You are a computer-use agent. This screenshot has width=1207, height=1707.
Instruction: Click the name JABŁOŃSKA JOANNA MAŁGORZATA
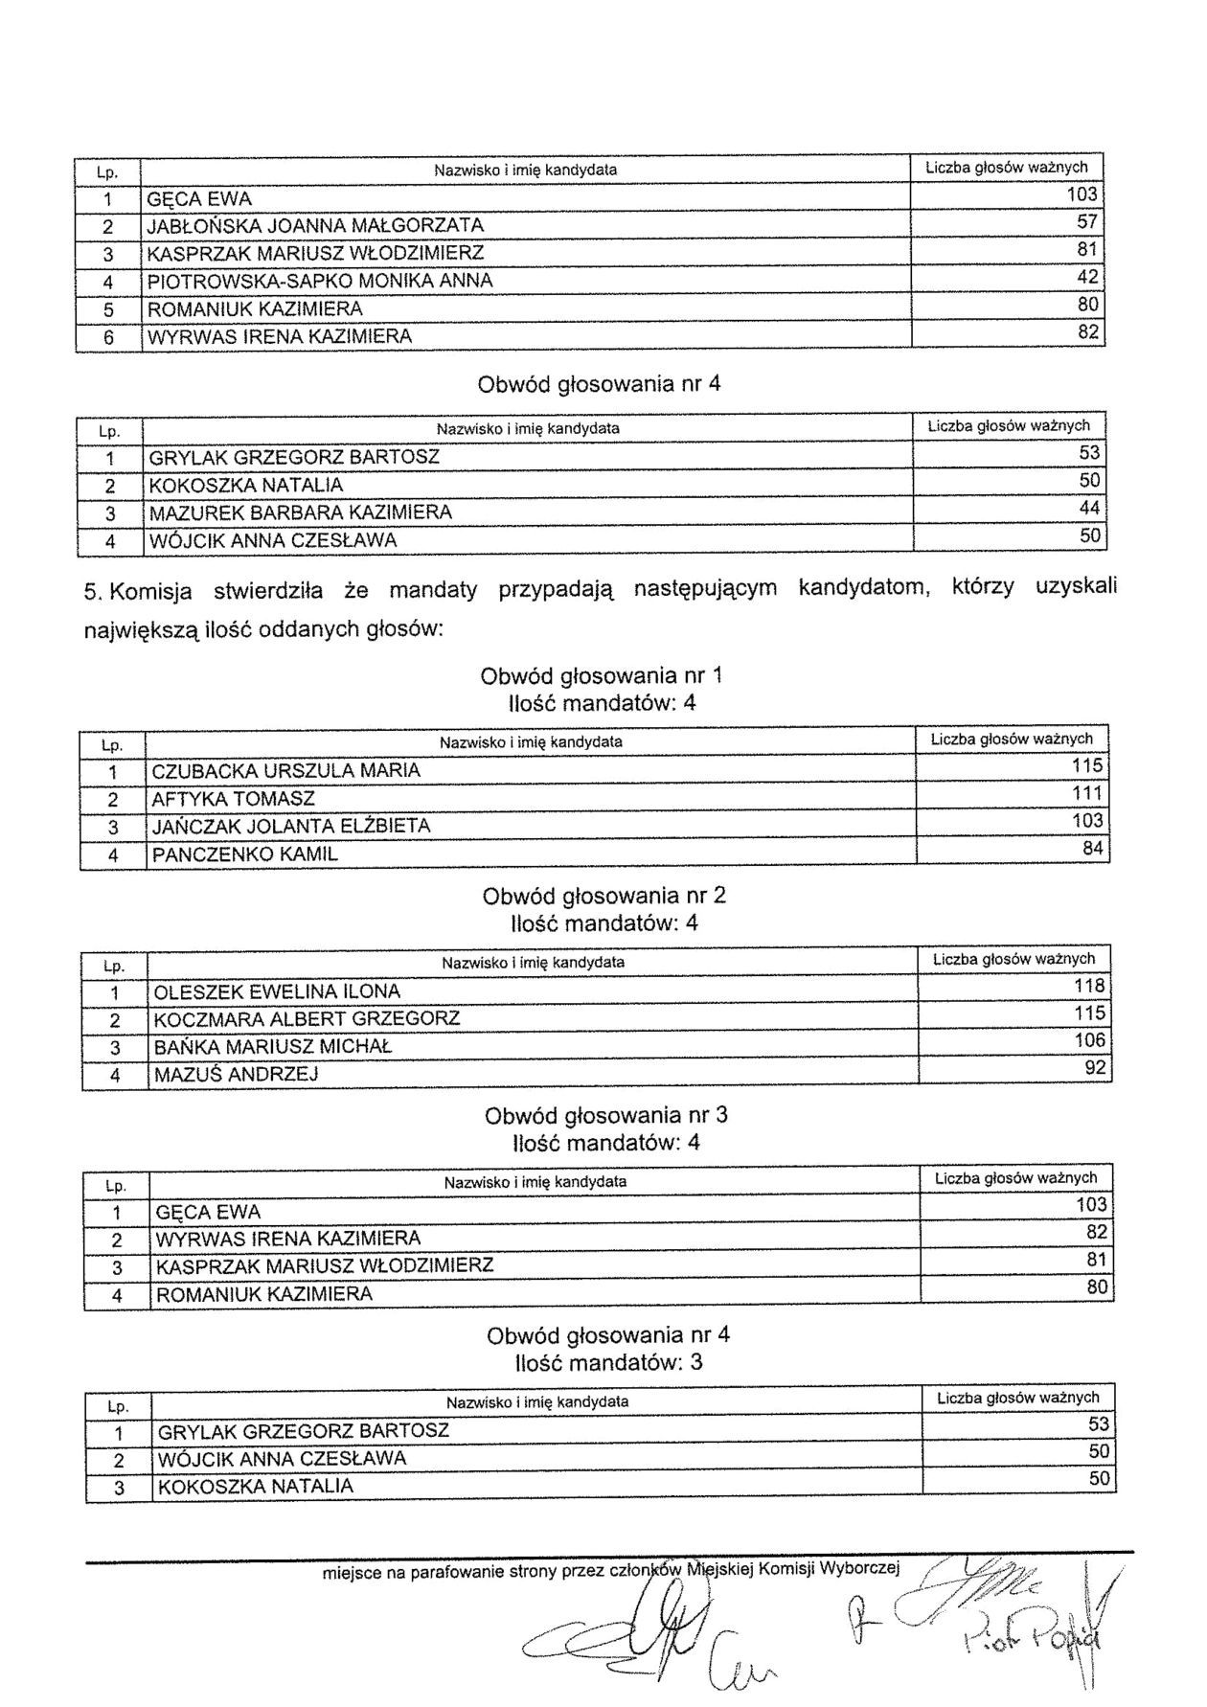[315, 226]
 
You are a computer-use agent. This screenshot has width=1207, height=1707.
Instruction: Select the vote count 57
[1087, 222]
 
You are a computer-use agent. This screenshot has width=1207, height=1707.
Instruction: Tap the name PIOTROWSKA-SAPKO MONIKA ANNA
[320, 282]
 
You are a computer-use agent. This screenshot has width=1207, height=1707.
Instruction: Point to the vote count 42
[1087, 278]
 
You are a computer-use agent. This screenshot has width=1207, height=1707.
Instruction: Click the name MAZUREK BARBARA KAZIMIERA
[300, 512]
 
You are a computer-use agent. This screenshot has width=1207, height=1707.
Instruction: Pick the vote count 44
[1089, 509]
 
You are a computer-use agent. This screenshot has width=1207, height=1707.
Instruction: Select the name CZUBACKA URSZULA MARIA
[285, 771]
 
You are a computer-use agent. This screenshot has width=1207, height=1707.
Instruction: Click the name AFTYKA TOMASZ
[233, 799]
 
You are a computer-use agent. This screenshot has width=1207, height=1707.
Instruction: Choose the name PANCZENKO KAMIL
[244, 854]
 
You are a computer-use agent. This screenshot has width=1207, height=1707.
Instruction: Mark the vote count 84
[1092, 849]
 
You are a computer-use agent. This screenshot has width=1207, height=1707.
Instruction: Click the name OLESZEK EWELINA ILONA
[277, 991]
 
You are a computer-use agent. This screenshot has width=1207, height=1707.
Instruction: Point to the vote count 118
[1090, 987]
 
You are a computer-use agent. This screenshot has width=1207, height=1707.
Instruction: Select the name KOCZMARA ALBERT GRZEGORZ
[307, 1018]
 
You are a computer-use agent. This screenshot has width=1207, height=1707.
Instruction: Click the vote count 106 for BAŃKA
[1090, 1041]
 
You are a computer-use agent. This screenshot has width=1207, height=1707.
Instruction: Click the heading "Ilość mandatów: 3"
[608, 1362]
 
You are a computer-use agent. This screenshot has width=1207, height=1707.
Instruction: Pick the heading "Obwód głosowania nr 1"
[601, 676]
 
